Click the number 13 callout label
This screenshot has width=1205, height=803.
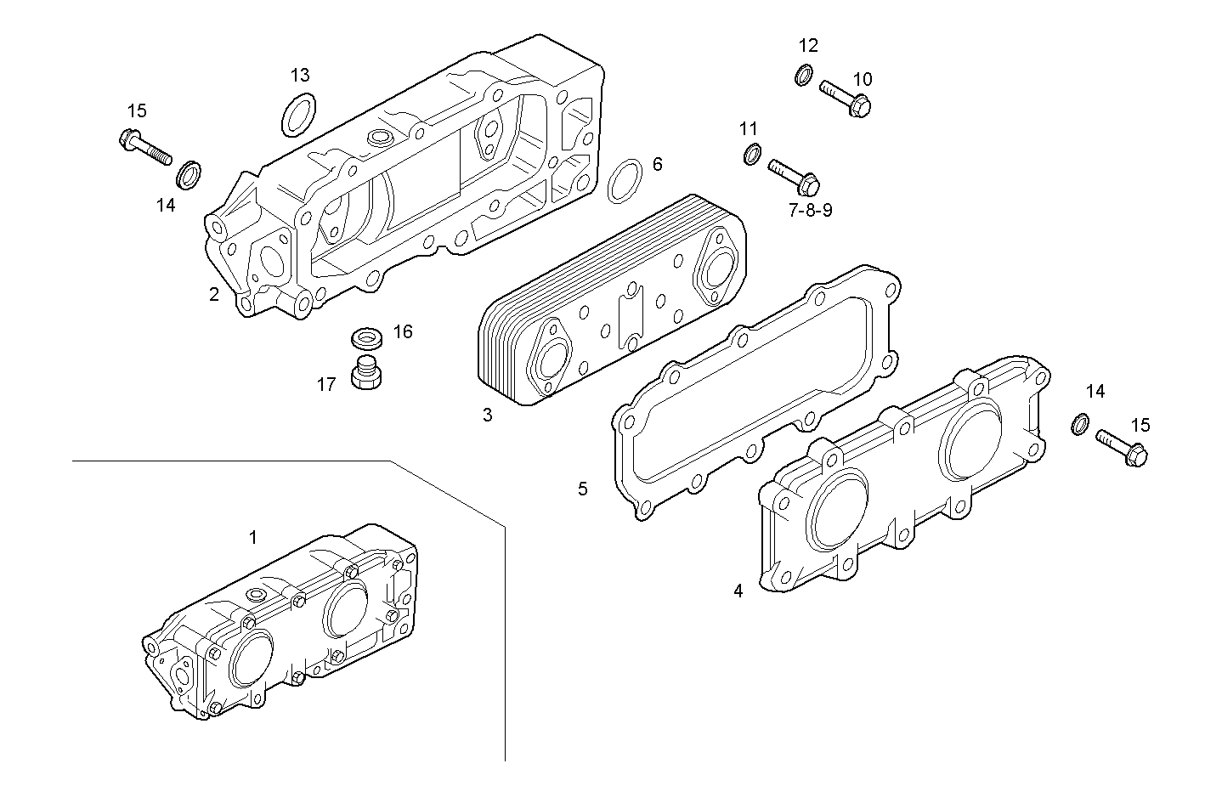pos(300,74)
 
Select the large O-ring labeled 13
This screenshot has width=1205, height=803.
pos(298,115)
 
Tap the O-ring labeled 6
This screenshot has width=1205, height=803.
pos(626,180)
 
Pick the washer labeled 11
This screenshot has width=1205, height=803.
pos(752,155)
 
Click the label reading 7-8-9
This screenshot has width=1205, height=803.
pos(810,210)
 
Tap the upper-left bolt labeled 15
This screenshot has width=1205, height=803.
pos(145,147)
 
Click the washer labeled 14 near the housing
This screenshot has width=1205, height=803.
pos(189,175)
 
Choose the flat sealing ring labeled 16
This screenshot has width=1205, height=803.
pos(367,337)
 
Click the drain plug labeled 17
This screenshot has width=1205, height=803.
pos(366,374)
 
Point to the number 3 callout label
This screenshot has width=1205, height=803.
pos(487,415)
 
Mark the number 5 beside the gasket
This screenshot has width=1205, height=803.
pos(582,489)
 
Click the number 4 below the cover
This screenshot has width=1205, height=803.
pos(738,590)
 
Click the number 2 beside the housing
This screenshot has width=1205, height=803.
pos(214,294)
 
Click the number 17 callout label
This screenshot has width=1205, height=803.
pos(326,384)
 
